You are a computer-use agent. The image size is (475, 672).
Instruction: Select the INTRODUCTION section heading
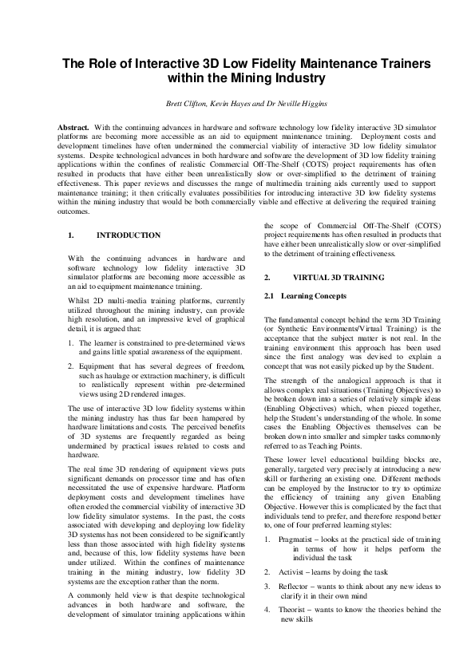tap(128, 235)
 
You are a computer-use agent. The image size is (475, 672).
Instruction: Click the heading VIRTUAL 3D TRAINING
tap(327, 277)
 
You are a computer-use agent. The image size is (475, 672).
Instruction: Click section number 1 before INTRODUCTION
tap(71, 235)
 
